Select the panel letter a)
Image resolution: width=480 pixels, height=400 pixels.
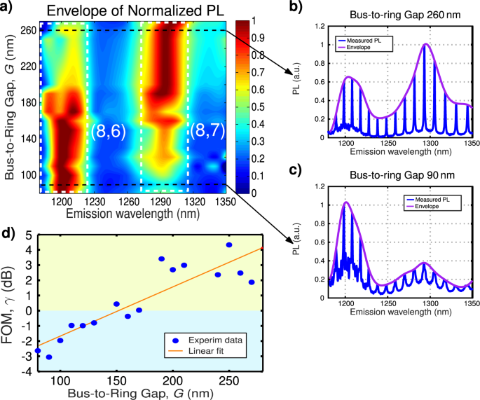pyautogui.click(x=8, y=8)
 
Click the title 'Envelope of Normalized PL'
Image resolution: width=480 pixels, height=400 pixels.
pyautogui.click(x=125, y=10)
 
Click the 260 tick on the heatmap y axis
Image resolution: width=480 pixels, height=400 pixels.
pyautogui.click(x=27, y=30)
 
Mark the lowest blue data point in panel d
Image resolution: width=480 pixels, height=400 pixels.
pyautogui.click(x=49, y=357)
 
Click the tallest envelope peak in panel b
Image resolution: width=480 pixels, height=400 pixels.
pyautogui.click(x=425, y=44)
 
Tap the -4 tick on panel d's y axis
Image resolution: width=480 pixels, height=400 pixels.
pyautogui.click(x=26, y=372)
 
